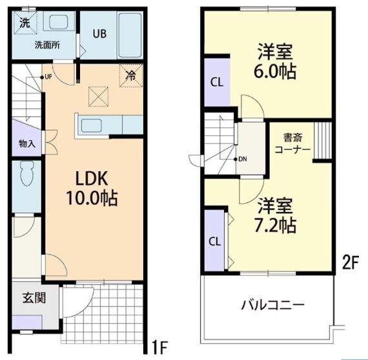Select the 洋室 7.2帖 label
[277, 216]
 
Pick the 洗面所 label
[45, 45]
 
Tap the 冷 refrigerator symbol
[131, 76]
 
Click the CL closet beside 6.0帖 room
[216, 82]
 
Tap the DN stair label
[242, 158]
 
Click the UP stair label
[47, 77]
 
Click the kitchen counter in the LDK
[107, 123]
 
